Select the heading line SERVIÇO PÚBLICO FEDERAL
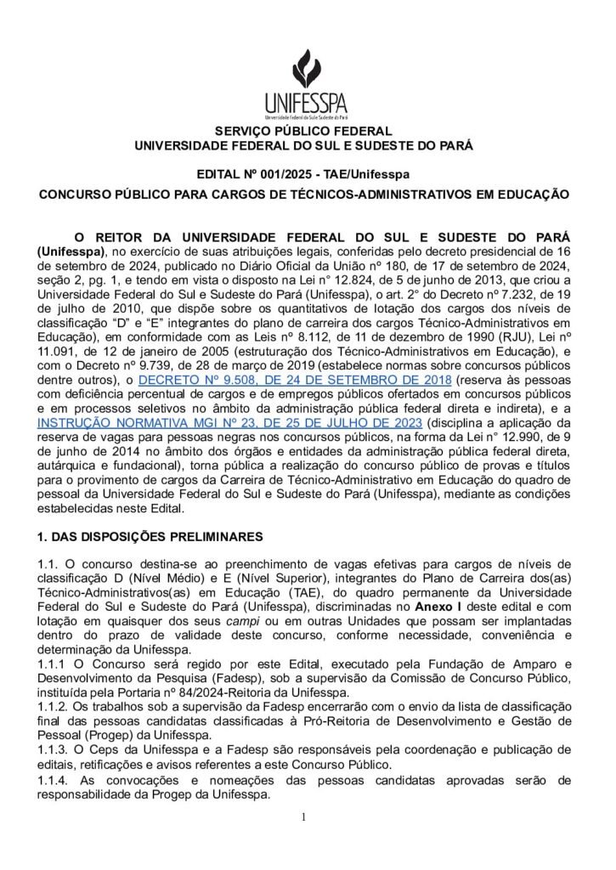click(x=307, y=132)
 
